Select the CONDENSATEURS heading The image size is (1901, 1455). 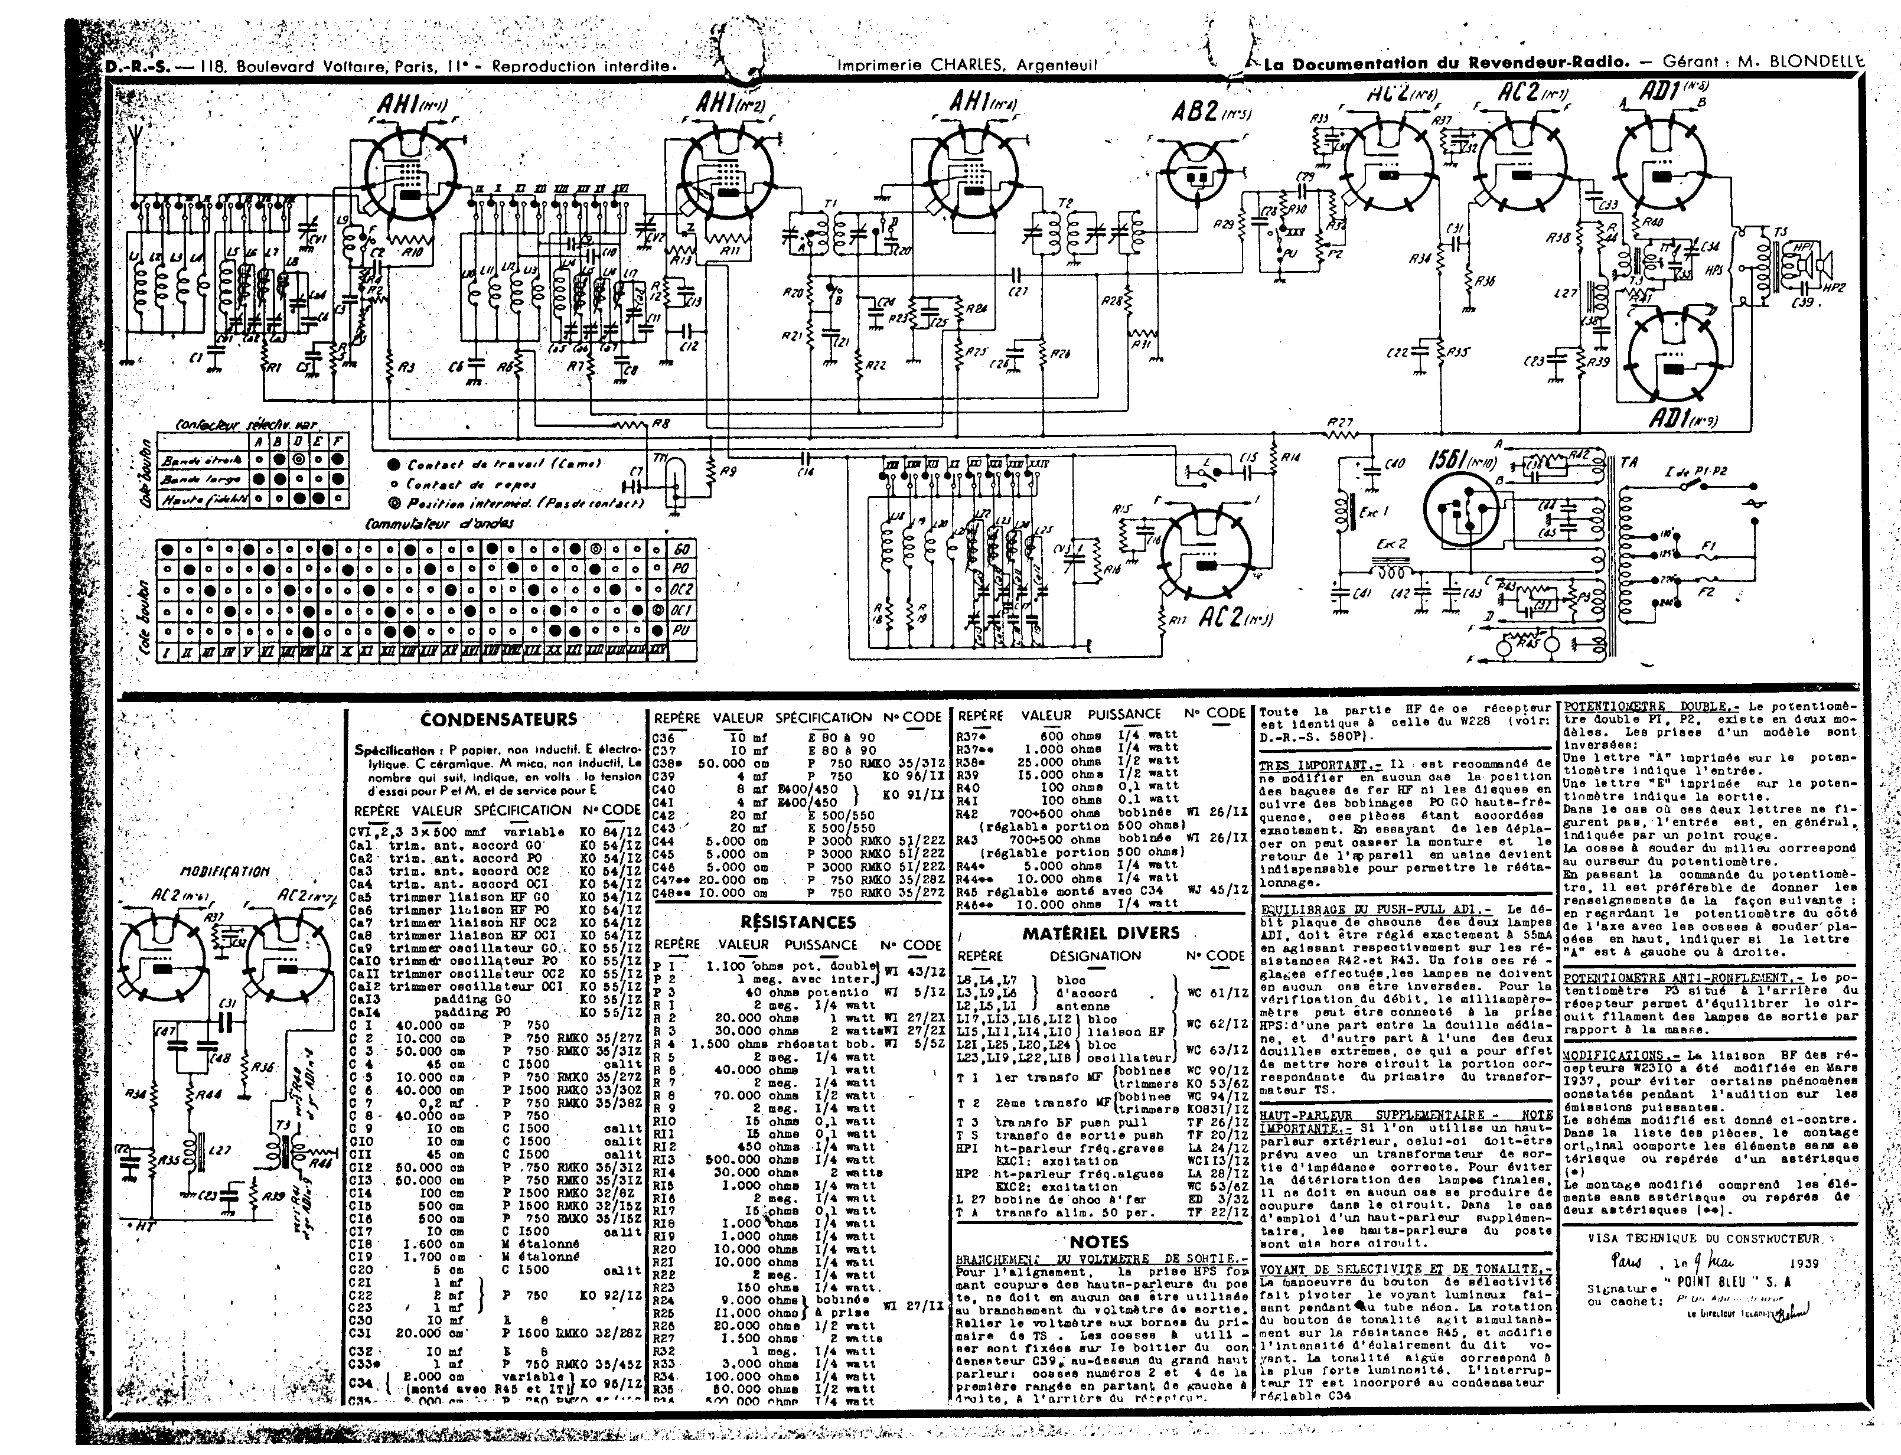[x=498, y=719]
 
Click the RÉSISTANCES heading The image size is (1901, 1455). [x=798, y=922]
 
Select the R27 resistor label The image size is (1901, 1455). [x=1339, y=423]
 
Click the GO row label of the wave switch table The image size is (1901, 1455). [x=682, y=550]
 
